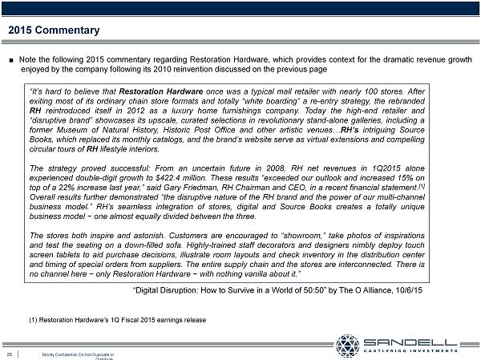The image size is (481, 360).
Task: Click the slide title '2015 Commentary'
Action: (x=54, y=31)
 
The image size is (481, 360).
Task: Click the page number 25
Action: (x=8, y=354)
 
